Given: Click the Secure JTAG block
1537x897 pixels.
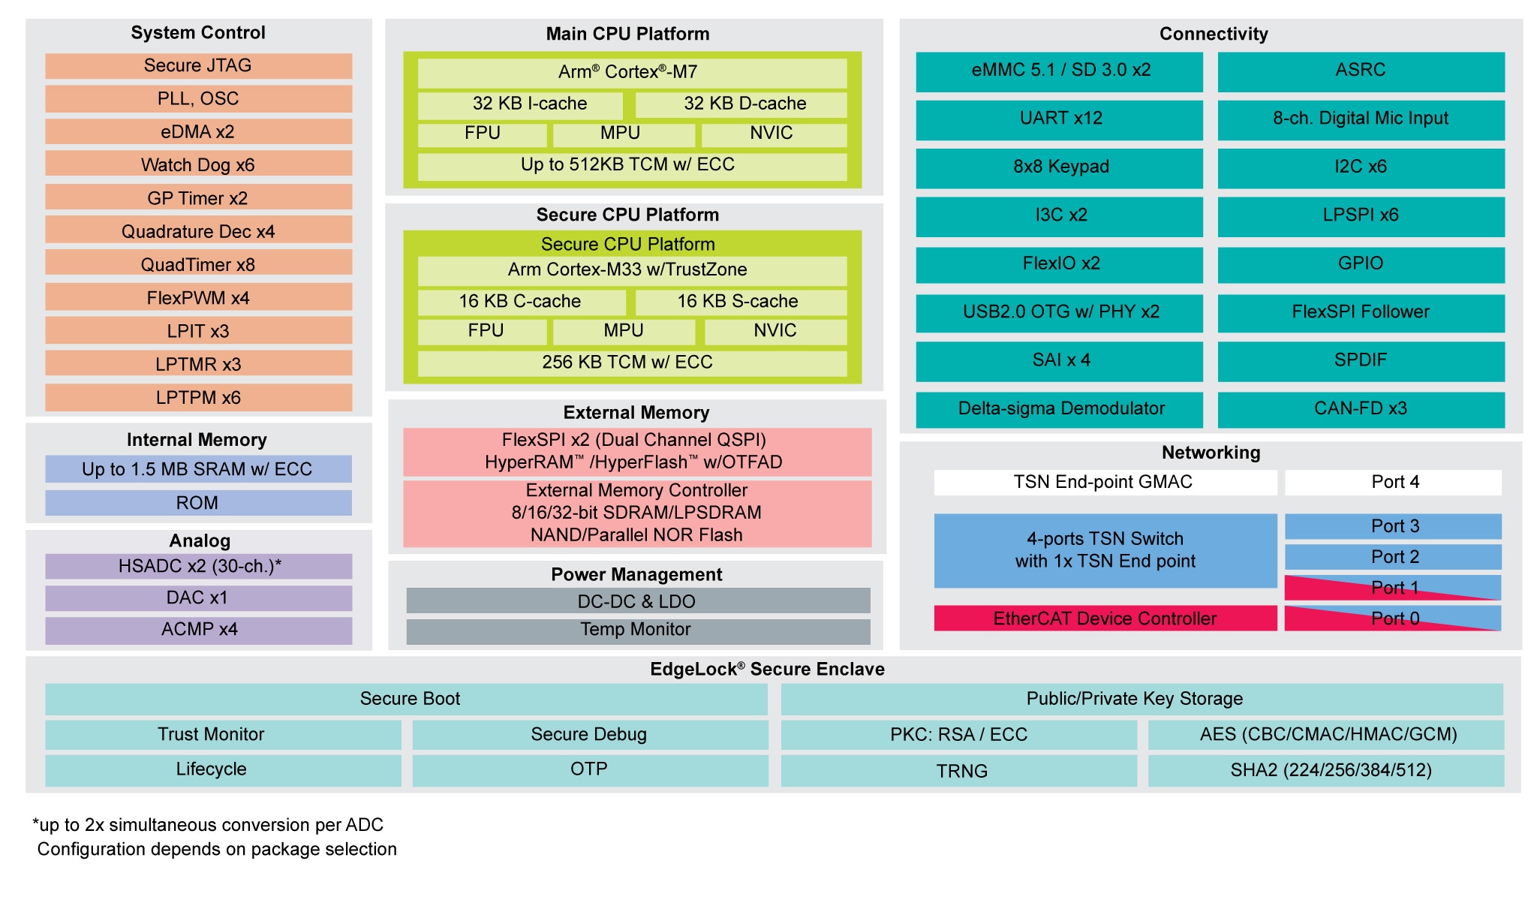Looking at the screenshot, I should pyautogui.click(x=198, y=66).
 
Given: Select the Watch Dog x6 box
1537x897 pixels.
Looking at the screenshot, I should pyautogui.click(x=198, y=164).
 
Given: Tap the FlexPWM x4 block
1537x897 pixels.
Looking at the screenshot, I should pyautogui.click(x=198, y=297).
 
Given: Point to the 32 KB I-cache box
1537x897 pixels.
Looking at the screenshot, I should pyautogui.click(x=521, y=104).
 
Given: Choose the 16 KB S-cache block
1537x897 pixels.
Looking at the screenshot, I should pyautogui.click(x=740, y=302).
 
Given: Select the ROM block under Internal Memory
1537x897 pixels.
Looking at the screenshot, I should pyautogui.click(x=198, y=503).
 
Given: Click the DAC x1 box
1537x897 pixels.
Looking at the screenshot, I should pyautogui.click(x=198, y=597).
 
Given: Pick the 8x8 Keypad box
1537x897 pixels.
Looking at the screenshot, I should pyautogui.click(x=1059, y=167).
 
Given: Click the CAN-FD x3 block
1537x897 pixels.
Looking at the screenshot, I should pyautogui.click(x=1361, y=409).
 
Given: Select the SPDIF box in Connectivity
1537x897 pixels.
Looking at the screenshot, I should pyautogui.click(x=1361, y=361).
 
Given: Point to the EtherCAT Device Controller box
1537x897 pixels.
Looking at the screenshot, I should pyautogui.click(x=1105, y=619).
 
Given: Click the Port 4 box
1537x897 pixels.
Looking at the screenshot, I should pyautogui.click(x=1394, y=483).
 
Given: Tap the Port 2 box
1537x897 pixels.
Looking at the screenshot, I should pyautogui.click(x=1394, y=557).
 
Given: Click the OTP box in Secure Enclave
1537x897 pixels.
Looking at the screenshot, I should pyautogui.click(x=590, y=770).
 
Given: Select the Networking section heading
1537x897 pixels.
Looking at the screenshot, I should pyautogui.click(x=1211, y=453).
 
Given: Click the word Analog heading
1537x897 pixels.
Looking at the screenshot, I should pyautogui.click(x=200, y=540).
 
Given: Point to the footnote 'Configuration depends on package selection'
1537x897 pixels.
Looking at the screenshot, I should pyautogui.click(x=217, y=849).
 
